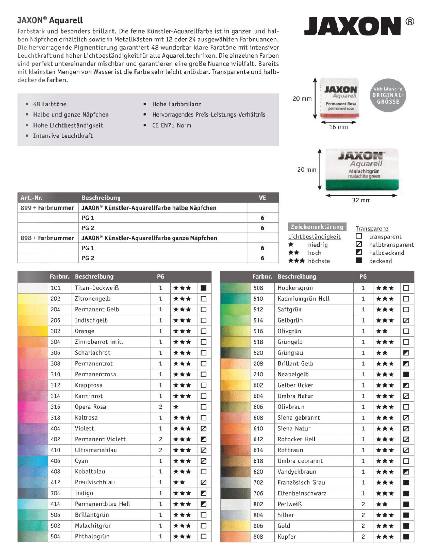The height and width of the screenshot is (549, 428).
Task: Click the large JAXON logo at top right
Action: coord(352,26)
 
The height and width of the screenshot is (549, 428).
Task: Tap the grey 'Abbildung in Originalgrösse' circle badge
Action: coord(388,95)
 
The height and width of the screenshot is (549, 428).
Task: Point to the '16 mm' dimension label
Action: coord(338,127)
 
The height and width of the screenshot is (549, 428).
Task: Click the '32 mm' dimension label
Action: coord(361,200)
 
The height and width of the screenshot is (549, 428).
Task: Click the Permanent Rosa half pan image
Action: coord(339,98)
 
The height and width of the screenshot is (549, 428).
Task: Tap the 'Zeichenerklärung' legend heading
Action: coord(317,227)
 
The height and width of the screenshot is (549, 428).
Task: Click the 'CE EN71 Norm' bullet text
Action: coord(172,125)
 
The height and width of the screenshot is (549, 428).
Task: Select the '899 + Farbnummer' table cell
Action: coord(47,208)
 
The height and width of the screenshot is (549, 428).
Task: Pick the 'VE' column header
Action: coord(263,198)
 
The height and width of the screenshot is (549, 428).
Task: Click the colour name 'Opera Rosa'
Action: coord(90,407)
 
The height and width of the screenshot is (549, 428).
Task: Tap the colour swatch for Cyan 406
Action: coord(33,461)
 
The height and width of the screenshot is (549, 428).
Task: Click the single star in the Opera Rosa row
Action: coord(176,407)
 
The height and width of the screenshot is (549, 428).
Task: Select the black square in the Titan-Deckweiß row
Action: coord(204,288)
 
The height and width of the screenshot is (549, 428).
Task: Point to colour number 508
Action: coord(258,288)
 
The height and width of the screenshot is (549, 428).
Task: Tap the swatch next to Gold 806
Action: coord(235,526)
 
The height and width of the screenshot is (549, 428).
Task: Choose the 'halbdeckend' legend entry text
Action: coord(387,253)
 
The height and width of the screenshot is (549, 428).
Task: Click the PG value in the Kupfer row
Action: coord(363,537)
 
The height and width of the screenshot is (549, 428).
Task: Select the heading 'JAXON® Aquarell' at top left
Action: coord(50,20)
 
